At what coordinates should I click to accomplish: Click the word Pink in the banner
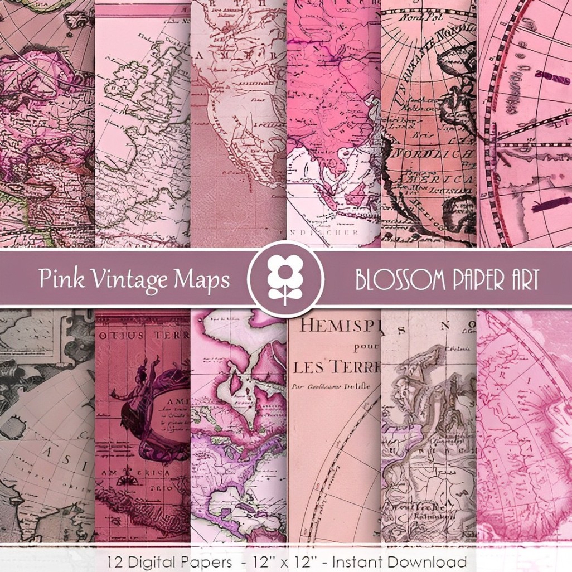pyautogui.click(x=55, y=278)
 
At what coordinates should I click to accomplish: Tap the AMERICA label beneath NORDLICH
pyautogui.click(x=440, y=180)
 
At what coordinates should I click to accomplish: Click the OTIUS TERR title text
pyautogui.click(x=143, y=336)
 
